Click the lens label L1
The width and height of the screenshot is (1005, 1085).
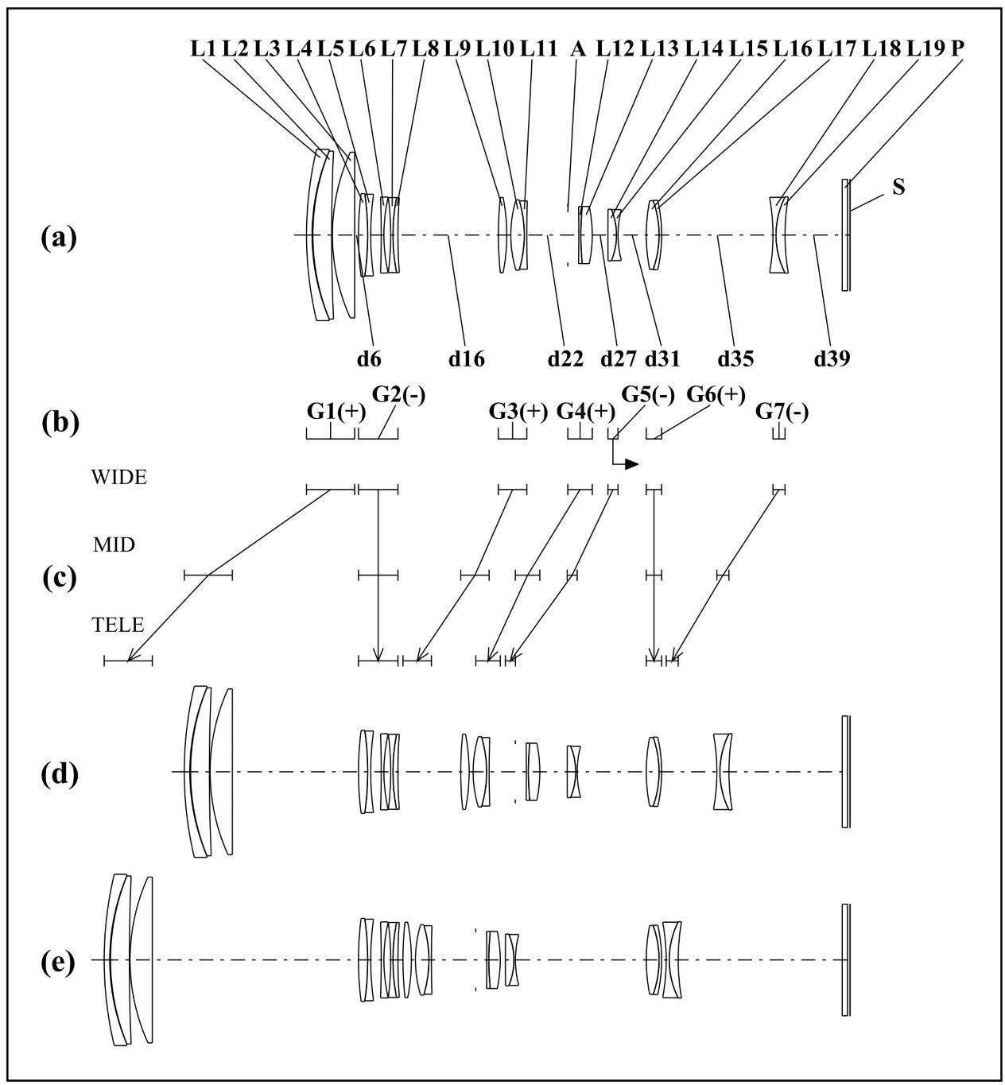click(204, 49)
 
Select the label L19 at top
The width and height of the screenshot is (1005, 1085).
click(925, 49)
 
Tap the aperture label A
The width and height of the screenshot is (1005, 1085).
click(578, 49)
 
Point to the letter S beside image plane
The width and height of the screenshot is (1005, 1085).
click(898, 188)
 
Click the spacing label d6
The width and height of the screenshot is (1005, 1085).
click(369, 359)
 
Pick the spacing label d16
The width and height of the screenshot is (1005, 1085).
click(467, 359)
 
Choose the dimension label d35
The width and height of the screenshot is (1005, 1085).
click(735, 359)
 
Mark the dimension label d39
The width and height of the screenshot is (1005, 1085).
click(832, 359)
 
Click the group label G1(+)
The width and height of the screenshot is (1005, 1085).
click(336, 412)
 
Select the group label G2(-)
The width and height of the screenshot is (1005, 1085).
click(398, 394)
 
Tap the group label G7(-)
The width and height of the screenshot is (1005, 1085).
click(782, 412)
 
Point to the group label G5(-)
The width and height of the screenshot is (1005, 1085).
click(648, 394)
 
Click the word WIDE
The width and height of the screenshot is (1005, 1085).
click(119, 478)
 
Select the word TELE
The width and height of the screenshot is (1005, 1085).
click(118, 625)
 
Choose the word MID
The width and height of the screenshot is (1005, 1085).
click(114, 545)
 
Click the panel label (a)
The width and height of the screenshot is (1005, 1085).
click(59, 238)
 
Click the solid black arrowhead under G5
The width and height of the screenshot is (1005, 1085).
click(632, 464)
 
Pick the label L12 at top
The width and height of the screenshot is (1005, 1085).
click(615, 49)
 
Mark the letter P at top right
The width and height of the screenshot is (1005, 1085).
click(957, 49)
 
